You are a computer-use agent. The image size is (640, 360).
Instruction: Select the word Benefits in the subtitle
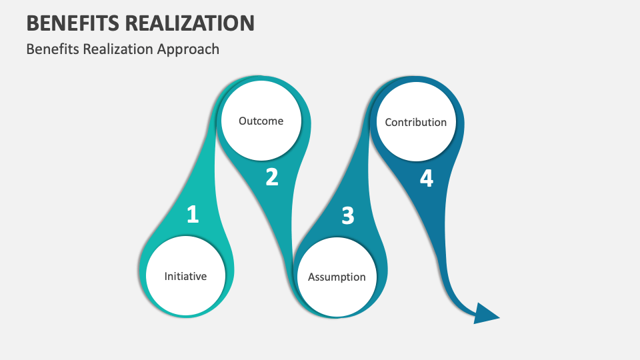[49, 49]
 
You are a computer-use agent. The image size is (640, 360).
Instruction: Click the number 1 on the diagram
[193, 215]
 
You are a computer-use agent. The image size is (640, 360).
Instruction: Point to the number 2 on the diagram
[271, 177]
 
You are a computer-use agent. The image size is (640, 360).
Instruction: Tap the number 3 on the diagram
[347, 216]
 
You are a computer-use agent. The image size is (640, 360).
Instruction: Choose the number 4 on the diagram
[426, 179]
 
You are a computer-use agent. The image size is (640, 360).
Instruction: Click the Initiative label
[185, 276]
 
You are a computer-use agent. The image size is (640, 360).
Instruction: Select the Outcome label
[261, 121]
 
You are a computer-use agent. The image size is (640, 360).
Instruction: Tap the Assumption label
[337, 277]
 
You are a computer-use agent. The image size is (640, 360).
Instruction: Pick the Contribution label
[415, 122]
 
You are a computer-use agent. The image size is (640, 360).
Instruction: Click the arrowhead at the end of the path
[485, 313]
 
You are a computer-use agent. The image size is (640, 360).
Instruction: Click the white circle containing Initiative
[185, 293]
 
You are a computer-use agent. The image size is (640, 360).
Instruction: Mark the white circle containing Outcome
[261, 140]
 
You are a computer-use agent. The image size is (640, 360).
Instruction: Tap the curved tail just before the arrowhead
[456, 293]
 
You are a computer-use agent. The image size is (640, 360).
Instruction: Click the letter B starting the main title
[32, 23]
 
